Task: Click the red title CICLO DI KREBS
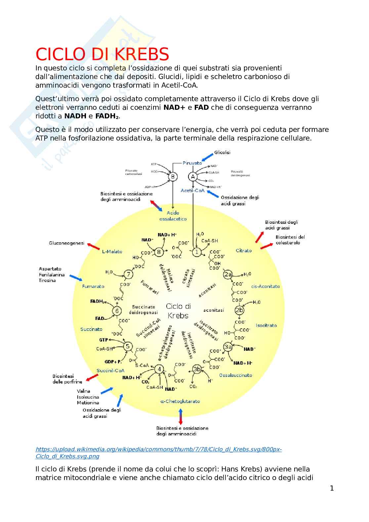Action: tap(102, 55)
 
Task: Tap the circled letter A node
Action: tap(193, 177)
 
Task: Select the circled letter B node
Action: tap(173, 177)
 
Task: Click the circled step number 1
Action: tap(197, 252)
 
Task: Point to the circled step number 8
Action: tap(159, 252)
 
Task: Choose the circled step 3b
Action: tap(197, 369)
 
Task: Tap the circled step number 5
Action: tap(128, 346)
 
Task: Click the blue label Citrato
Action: tap(244, 251)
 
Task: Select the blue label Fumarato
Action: tap(93, 286)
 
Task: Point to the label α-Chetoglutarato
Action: tap(180, 401)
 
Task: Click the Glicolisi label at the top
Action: tap(223, 152)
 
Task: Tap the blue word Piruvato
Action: tap(192, 163)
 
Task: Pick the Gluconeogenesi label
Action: tap(67, 243)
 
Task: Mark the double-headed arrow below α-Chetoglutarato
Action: tap(181, 416)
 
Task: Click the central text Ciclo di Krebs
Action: tap(178, 311)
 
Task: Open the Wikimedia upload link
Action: tap(158, 453)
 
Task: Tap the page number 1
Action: tap(332, 488)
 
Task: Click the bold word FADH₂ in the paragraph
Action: tap(107, 116)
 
